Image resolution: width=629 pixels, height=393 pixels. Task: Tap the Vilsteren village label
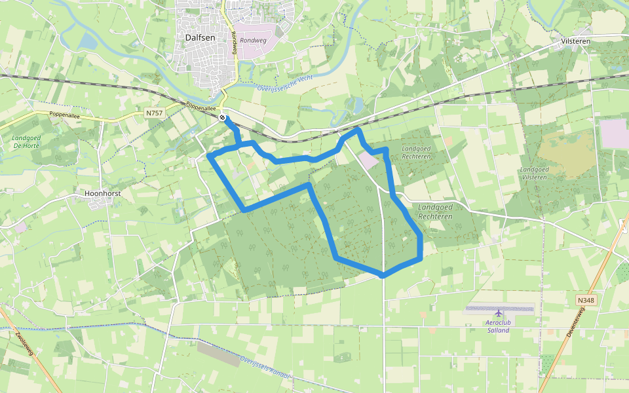pos(575,41)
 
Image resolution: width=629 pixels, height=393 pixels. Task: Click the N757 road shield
pos(154,113)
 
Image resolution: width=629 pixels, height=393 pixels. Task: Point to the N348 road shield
pos(586,300)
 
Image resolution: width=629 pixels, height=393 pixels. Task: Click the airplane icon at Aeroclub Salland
pos(498,314)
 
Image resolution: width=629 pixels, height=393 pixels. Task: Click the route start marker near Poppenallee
pos(223,118)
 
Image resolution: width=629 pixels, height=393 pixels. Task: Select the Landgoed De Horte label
pos(26,142)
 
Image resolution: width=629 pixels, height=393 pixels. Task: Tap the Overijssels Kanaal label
pos(265,369)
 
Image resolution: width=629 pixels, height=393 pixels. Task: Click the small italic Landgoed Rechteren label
pos(416,153)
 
